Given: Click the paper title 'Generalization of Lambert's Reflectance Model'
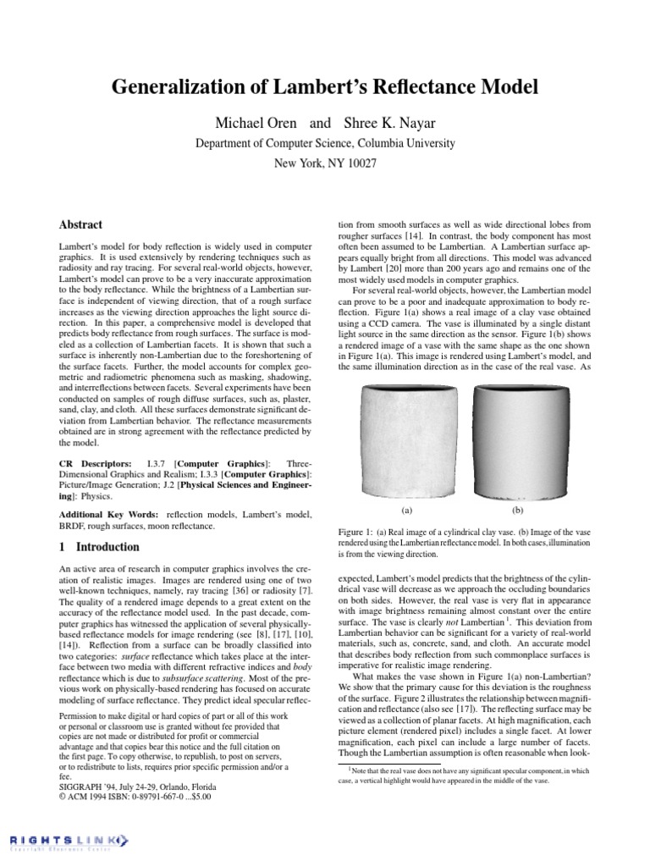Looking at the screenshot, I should point(325,87).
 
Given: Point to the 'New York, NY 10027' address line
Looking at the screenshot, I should point(325,163).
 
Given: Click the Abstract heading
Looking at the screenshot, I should point(80,225).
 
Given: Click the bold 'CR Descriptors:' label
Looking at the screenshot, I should point(94,465).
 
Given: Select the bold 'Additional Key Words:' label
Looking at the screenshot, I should point(109,514).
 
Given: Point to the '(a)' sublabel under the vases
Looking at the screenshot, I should point(406,511).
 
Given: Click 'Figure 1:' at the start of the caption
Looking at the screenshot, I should point(357,531).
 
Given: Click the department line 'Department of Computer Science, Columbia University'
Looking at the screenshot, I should point(325,142).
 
